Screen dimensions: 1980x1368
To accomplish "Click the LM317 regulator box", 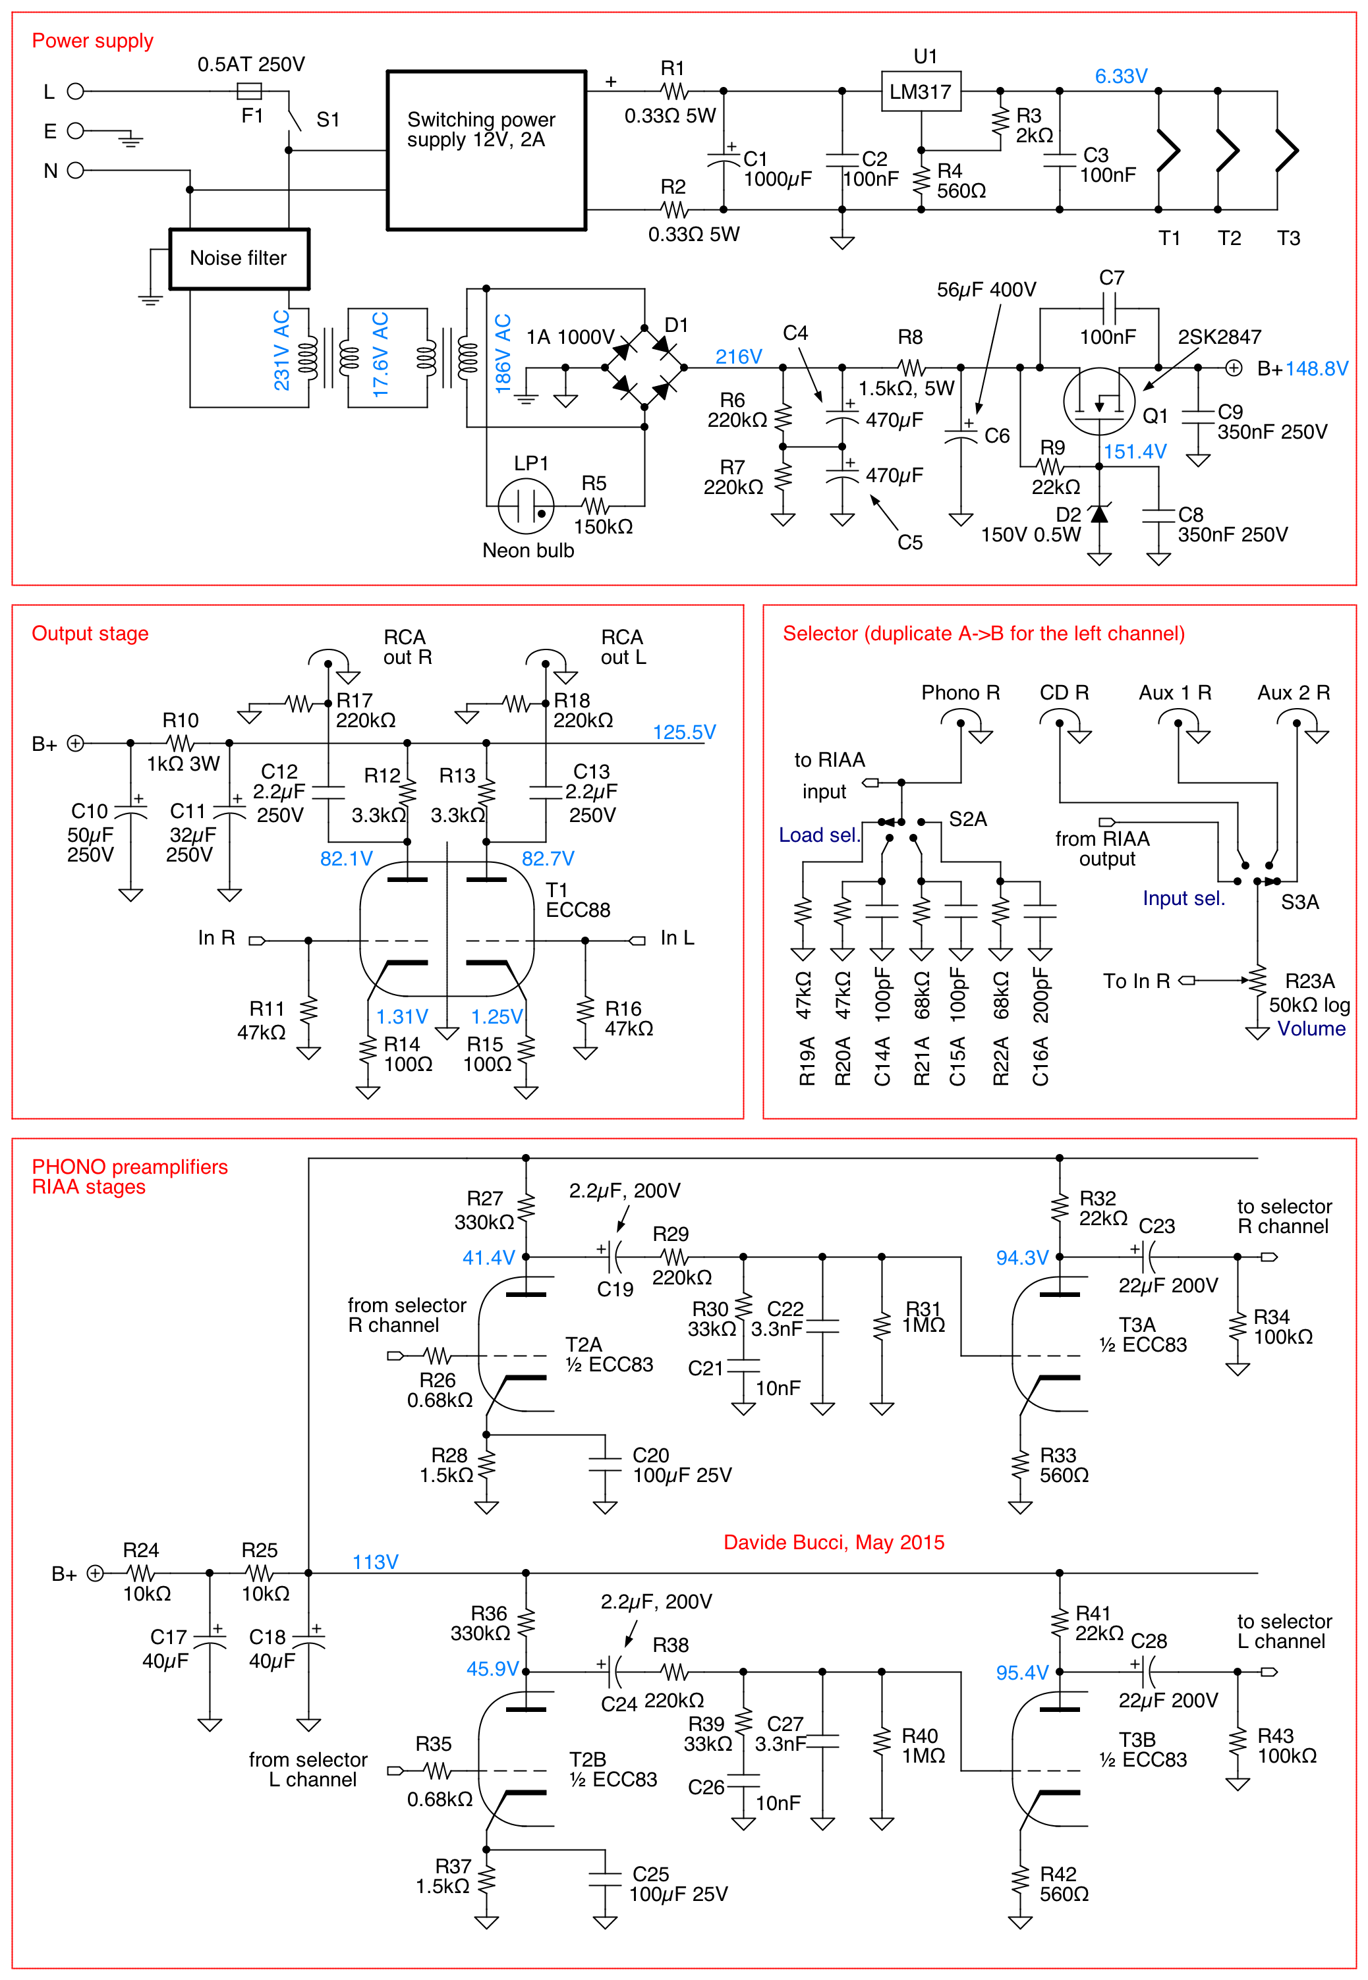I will click(921, 92).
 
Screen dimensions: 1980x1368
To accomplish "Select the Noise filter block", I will click(239, 259).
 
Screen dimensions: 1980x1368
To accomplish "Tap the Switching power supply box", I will click(486, 151).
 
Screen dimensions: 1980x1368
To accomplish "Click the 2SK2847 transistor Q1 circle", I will click(1099, 401).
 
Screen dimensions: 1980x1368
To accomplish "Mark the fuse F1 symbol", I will click(250, 91).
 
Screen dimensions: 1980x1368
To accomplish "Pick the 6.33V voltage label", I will click(1120, 76).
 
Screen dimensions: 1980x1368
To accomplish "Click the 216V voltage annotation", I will click(738, 356).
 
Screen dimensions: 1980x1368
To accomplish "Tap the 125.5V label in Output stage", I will click(683, 732).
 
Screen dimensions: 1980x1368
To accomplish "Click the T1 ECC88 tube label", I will click(578, 900).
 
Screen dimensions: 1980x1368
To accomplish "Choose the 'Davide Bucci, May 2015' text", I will click(833, 1542).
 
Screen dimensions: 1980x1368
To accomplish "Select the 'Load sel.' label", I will click(818, 835).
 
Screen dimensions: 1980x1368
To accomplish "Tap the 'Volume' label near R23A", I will click(1311, 1028).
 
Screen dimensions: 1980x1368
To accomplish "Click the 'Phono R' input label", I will click(960, 692).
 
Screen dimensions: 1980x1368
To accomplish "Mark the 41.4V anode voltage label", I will click(488, 1257).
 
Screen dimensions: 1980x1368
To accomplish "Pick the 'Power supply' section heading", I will click(92, 41).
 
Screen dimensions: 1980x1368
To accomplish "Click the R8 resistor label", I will click(909, 337).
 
